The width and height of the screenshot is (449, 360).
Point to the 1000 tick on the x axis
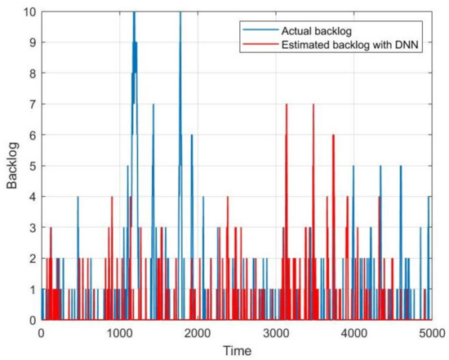(x=119, y=333)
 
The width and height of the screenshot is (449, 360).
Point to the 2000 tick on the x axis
(x=198, y=333)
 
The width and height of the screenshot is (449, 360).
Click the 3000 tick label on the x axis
(x=275, y=333)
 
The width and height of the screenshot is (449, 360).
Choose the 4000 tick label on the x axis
(x=353, y=333)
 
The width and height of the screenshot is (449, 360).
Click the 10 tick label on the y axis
(x=29, y=12)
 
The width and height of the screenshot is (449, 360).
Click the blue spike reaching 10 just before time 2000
(x=180, y=13)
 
